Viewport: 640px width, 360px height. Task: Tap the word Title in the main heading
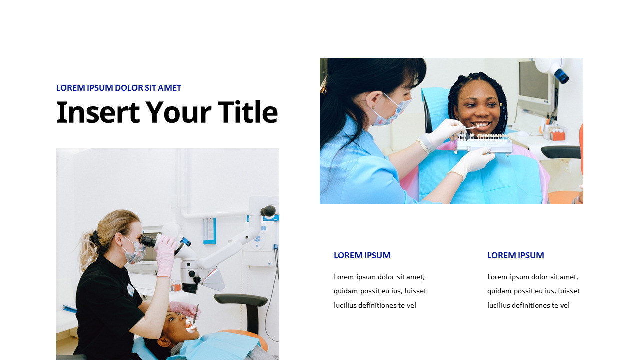coord(247,112)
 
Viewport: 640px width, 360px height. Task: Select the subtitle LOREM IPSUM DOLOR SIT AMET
coord(119,88)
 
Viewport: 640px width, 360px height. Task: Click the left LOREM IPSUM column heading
coord(362,255)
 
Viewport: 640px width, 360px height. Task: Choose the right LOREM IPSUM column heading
coord(515,255)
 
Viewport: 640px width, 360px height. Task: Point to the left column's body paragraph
coord(380,291)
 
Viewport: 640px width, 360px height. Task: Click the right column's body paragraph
coord(533,291)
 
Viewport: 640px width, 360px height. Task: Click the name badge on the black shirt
coord(130,290)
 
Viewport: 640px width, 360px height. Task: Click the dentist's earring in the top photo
coord(372,107)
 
